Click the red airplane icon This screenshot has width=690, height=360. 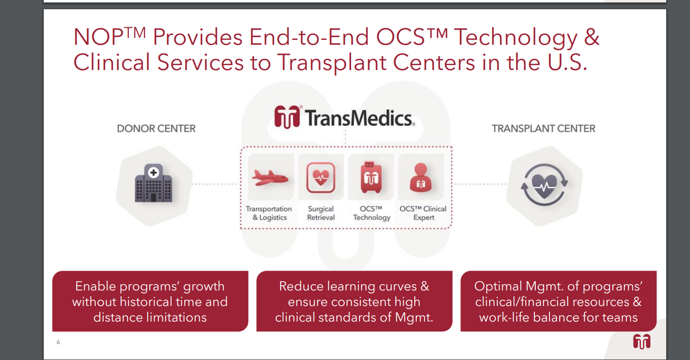270,178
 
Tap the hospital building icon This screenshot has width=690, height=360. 153,183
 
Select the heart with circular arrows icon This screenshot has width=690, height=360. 544,185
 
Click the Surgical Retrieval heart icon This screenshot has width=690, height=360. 320,178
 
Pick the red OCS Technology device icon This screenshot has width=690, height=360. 371,177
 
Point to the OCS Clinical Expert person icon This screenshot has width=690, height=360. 421,178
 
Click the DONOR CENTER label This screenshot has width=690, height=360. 156,128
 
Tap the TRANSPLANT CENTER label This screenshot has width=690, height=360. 543,128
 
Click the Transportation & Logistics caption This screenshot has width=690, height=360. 269,213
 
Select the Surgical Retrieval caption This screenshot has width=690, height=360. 320,213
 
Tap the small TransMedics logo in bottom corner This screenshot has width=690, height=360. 642,342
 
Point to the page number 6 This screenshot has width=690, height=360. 58,342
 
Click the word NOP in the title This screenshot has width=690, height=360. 99,37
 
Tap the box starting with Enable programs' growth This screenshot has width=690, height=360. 150,301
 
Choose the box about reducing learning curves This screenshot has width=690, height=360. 354,301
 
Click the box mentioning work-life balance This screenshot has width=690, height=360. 559,301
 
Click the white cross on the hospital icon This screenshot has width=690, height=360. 153,172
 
